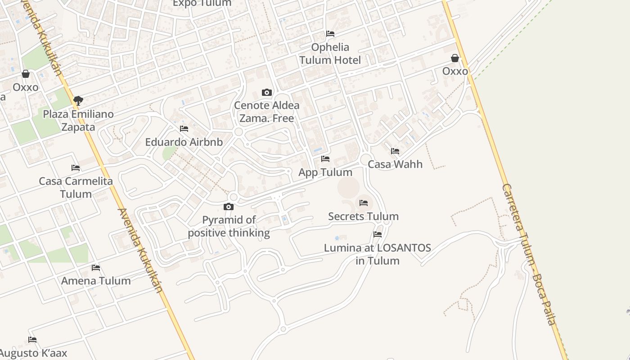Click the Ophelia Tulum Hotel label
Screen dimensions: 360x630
pos(330,54)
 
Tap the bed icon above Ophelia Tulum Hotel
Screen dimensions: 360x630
pos(330,34)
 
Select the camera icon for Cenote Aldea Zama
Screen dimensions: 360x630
pos(267,93)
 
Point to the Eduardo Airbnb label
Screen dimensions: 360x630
pos(184,142)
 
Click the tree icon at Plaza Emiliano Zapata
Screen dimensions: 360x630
pos(78,100)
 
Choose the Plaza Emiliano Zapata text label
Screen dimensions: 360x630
pos(78,121)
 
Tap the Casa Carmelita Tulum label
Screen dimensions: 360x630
pos(76,188)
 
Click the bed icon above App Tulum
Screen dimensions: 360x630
pos(325,159)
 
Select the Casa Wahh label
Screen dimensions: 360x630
pos(395,164)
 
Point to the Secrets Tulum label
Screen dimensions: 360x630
pos(363,216)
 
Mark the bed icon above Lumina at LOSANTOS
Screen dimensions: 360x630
pos(378,234)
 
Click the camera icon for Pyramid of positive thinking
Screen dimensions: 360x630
pos(229,207)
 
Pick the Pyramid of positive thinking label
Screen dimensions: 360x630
pos(229,226)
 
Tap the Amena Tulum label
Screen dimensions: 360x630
pos(96,281)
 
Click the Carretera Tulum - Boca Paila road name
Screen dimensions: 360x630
pos(530,254)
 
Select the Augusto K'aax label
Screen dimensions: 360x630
pos(33,353)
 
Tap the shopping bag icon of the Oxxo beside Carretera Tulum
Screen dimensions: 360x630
pos(455,58)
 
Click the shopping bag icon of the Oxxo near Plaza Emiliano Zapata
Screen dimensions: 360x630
pos(26,74)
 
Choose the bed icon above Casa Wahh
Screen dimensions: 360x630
pos(395,151)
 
